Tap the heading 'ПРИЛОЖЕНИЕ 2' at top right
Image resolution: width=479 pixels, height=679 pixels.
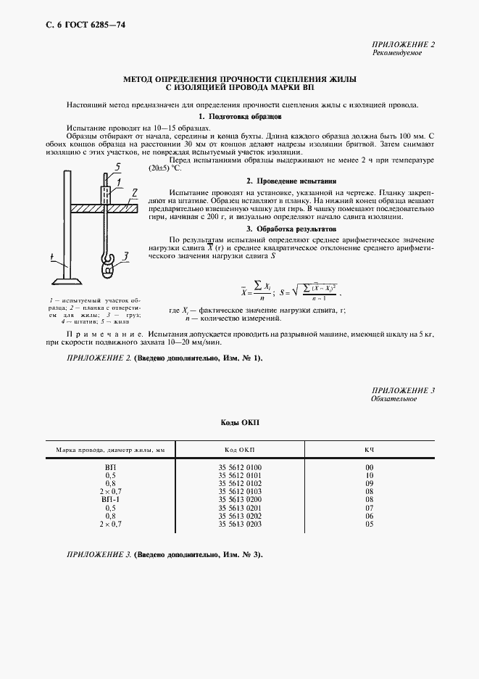pyautogui.click(x=404, y=45)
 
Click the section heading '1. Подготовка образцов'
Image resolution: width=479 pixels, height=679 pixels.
pyautogui.click(x=240, y=116)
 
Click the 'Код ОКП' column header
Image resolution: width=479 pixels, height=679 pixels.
pyautogui.click(x=240, y=450)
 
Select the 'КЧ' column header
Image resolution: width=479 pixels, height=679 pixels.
pyautogui.click(x=369, y=450)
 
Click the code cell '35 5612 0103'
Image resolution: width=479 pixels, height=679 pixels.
pyautogui.click(x=240, y=492)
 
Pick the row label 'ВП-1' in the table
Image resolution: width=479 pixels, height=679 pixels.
pyautogui.click(x=110, y=500)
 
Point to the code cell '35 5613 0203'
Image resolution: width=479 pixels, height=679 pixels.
pyautogui.click(x=240, y=524)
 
